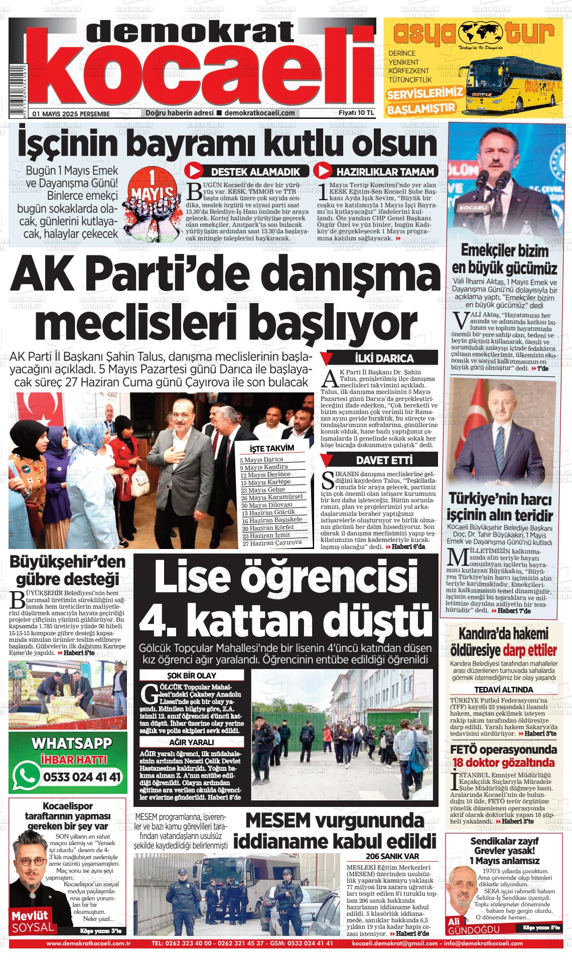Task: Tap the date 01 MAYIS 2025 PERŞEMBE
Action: click(x=71, y=113)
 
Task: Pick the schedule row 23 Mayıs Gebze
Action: click(x=263, y=490)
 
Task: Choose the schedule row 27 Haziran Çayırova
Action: click(x=271, y=542)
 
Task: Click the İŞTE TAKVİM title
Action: click(x=271, y=448)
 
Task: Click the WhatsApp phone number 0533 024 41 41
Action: click(x=82, y=777)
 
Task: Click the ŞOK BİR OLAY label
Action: click(x=192, y=675)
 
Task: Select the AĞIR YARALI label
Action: click(x=192, y=742)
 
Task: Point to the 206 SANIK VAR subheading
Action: click(x=392, y=857)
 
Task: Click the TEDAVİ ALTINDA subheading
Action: click(x=503, y=689)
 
